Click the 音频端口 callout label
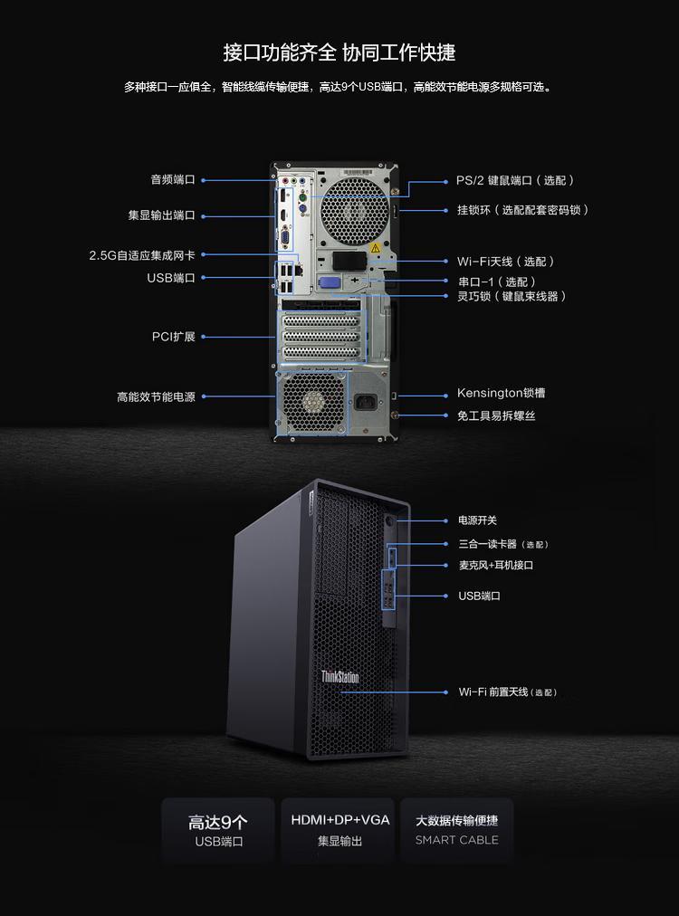[x=172, y=180]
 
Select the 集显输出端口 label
[x=161, y=215]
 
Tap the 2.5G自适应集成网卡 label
[x=142, y=255]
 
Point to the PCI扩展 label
[x=174, y=337]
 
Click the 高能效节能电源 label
[x=156, y=396]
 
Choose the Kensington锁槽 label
[x=501, y=393]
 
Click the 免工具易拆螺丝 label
[x=496, y=416]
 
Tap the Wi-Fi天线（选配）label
[x=505, y=261]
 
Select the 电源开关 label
[x=477, y=520]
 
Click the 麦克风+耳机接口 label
[x=495, y=566]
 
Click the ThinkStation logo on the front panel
[x=339, y=677]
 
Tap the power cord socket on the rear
[x=366, y=402]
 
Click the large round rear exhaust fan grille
[x=353, y=211]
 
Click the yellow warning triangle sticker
[x=375, y=248]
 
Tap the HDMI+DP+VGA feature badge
[x=339, y=830]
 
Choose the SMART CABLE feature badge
[x=457, y=830]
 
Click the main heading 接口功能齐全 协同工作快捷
[x=339, y=52]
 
